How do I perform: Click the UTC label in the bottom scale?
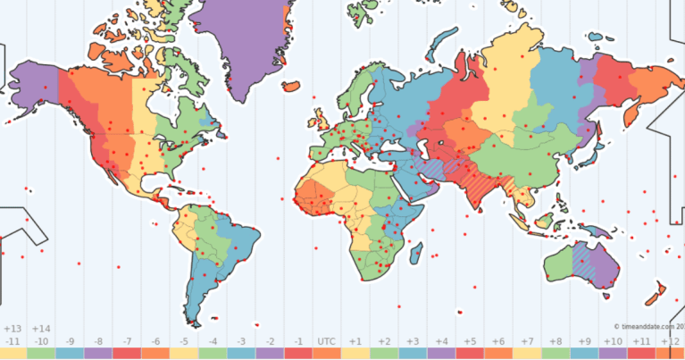(x=327, y=341)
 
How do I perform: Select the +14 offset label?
(x=40, y=329)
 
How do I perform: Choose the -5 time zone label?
(x=184, y=341)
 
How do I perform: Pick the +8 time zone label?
(x=556, y=341)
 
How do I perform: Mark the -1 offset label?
(x=298, y=341)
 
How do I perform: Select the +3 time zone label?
(x=413, y=341)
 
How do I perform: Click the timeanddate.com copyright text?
(x=647, y=326)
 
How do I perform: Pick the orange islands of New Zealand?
(x=657, y=290)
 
